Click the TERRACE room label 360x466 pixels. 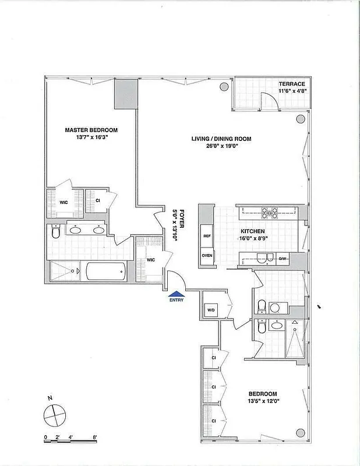(x=291, y=84)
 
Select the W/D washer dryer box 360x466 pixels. (x=210, y=310)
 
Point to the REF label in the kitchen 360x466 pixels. (x=207, y=236)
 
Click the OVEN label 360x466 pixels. (x=207, y=255)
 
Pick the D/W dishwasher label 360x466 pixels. (x=284, y=259)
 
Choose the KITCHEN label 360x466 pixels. (x=253, y=231)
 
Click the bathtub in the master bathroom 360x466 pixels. (x=105, y=271)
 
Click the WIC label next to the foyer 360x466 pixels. (x=150, y=260)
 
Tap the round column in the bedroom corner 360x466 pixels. (x=300, y=433)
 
